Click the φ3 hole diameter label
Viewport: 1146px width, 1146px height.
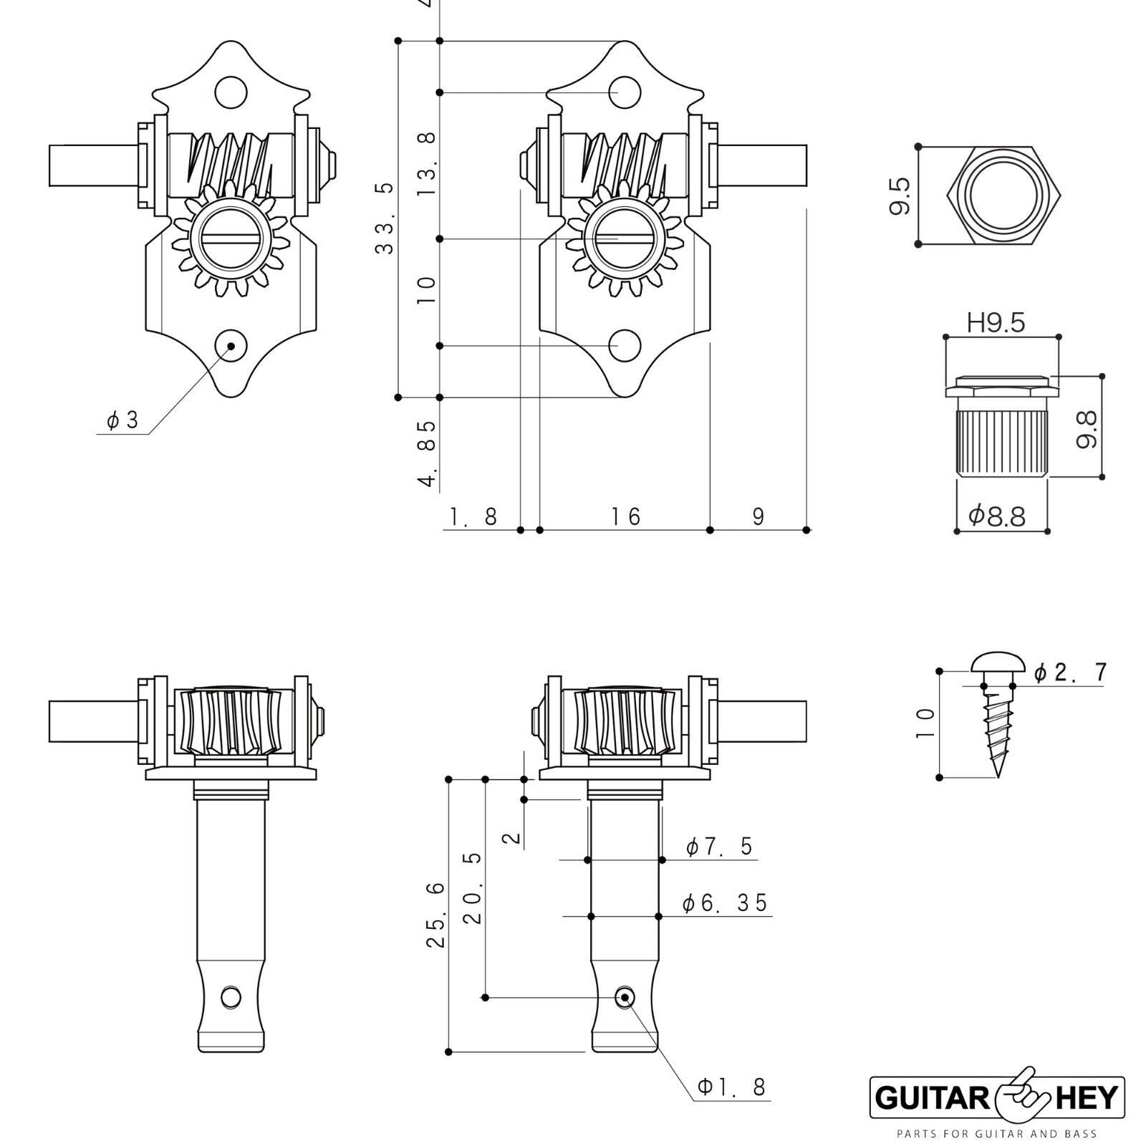[x=122, y=420]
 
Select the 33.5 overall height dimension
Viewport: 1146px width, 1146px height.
[x=385, y=218]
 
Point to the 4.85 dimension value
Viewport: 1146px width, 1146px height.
[x=428, y=453]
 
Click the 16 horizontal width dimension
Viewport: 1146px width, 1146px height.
[x=625, y=516]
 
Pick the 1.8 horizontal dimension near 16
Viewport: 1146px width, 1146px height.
[x=473, y=516]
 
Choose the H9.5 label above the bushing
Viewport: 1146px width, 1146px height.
[x=996, y=324]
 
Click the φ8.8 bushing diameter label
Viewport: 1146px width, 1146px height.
[x=997, y=516]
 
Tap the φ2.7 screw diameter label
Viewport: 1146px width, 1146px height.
[x=1071, y=673]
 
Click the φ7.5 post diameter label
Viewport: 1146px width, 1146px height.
[x=719, y=847]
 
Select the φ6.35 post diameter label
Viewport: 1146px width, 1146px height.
[x=725, y=903]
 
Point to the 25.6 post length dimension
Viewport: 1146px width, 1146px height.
[x=436, y=915]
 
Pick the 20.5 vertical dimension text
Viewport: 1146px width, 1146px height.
[x=473, y=887]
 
